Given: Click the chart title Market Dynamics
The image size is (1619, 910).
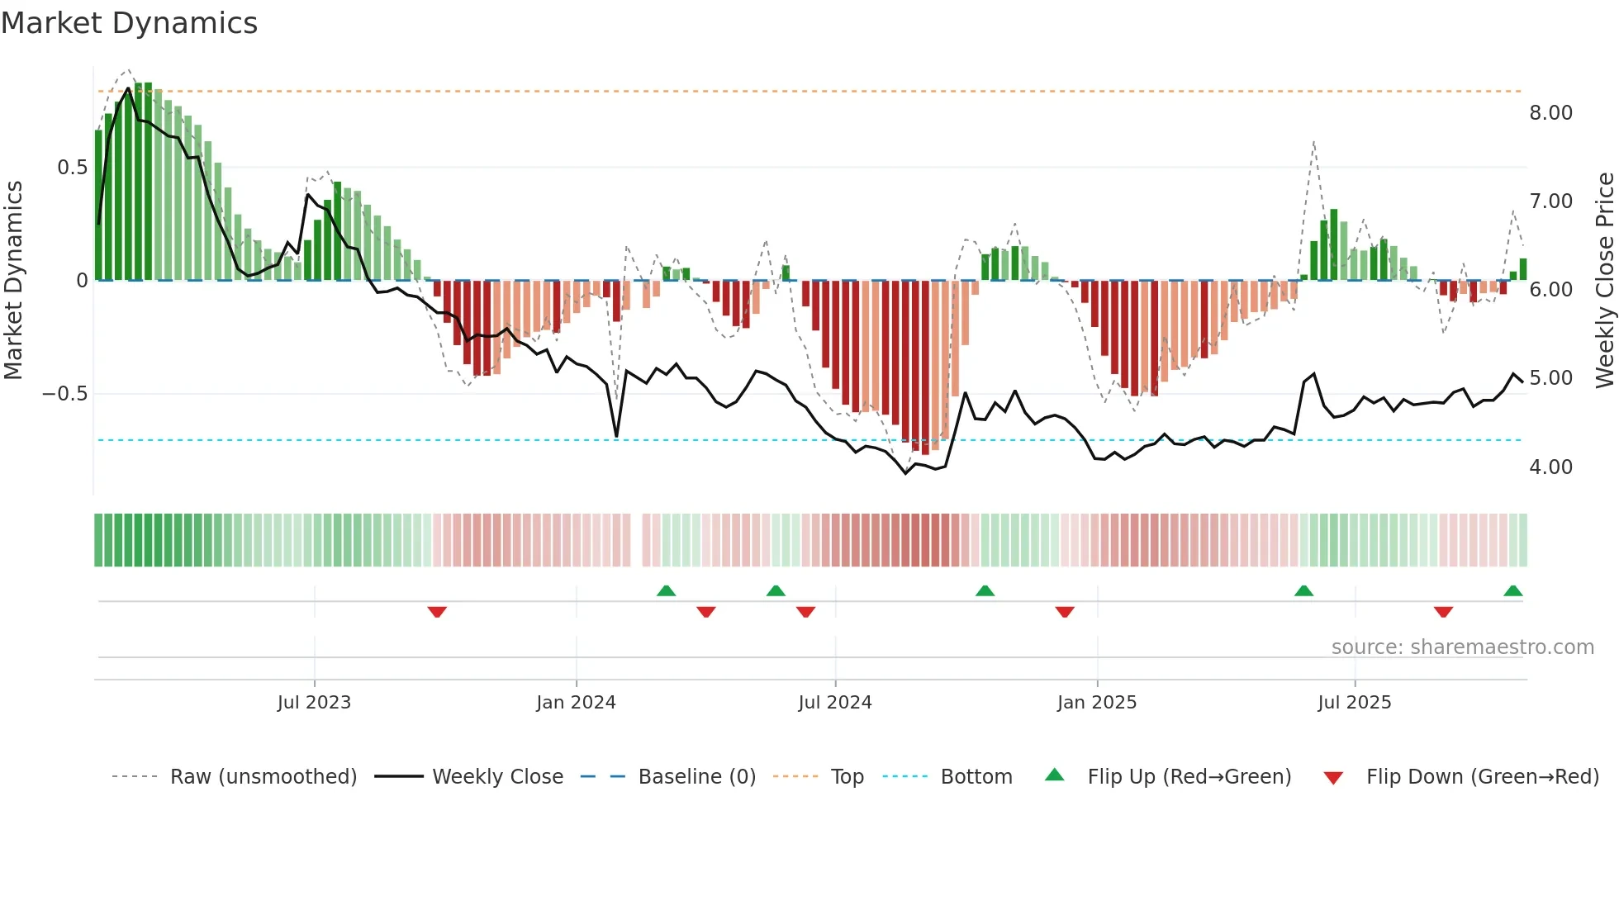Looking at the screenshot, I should tap(129, 23).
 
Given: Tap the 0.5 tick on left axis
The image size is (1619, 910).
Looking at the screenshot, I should tap(72, 168).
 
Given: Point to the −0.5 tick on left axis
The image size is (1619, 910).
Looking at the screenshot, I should tap(64, 394).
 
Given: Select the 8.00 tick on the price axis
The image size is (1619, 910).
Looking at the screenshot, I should tap(1550, 113).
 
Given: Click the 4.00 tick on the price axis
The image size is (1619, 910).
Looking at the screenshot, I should tap(1550, 467).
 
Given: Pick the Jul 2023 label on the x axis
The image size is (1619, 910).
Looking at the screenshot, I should tap(314, 703).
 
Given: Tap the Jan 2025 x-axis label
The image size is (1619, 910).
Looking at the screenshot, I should tap(1096, 703).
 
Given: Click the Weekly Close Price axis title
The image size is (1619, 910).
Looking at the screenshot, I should tap(1604, 281).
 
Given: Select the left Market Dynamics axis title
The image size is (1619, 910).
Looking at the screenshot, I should tap(13, 281).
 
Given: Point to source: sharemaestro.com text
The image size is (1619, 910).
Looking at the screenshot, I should tap(1462, 647).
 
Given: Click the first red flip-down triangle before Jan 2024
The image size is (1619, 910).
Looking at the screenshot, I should tap(437, 612).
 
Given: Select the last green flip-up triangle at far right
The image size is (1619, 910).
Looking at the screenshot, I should tap(1512, 591).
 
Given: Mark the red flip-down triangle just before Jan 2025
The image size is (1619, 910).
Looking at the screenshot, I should tap(1065, 612).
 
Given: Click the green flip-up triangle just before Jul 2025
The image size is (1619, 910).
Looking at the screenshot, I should tap(1303, 591).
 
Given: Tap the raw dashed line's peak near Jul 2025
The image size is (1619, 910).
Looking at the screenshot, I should tap(1313, 142).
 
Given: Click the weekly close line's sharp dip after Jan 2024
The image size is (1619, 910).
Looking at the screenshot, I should tap(616, 436).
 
